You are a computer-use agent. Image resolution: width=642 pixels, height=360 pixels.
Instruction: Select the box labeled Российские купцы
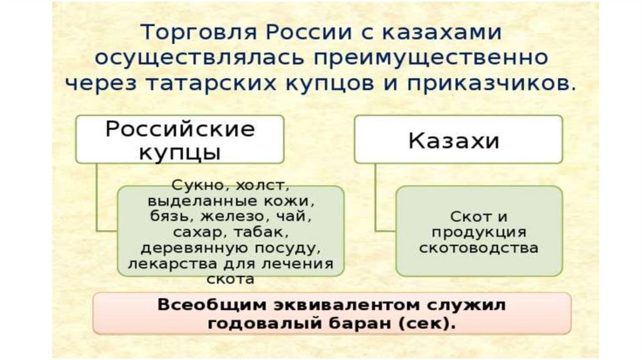(x=179, y=139)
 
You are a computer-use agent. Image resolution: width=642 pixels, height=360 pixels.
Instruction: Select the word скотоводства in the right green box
(x=479, y=248)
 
